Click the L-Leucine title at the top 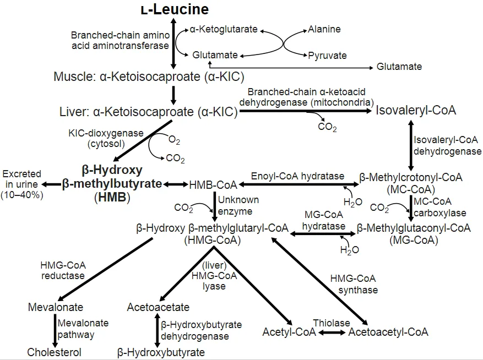click(175, 9)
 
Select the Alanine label click(324, 29)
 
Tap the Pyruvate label click(328, 56)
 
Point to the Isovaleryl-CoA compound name click(416, 110)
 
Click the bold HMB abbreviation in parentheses click(112, 197)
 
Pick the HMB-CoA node click(213, 185)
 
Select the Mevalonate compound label click(56, 307)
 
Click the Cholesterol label click(54, 352)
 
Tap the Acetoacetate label click(158, 307)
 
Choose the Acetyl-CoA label click(289, 332)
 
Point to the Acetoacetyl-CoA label click(388, 332)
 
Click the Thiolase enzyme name click(332, 323)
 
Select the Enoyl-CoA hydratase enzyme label click(297, 176)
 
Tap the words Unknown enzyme click(238, 205)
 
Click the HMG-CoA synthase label click(354, 284)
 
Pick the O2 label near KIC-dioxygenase click(175, 140)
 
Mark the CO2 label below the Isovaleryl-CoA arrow click(328, 127)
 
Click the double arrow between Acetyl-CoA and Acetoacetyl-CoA click(332, 332)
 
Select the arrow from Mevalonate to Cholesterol click(55, 331)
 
